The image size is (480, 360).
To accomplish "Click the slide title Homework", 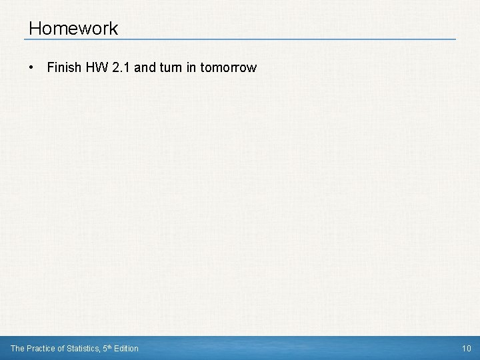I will [73, 29].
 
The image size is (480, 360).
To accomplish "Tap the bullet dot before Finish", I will [31, 68].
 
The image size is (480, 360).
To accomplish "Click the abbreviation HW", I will [93, 68].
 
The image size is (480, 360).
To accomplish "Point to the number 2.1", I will [121, 68].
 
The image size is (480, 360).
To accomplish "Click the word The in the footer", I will [17, 348].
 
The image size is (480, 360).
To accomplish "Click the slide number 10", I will [466, 348].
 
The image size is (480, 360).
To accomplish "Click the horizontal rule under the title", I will [240, 39].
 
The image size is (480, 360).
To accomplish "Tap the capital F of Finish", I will [50, 68].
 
